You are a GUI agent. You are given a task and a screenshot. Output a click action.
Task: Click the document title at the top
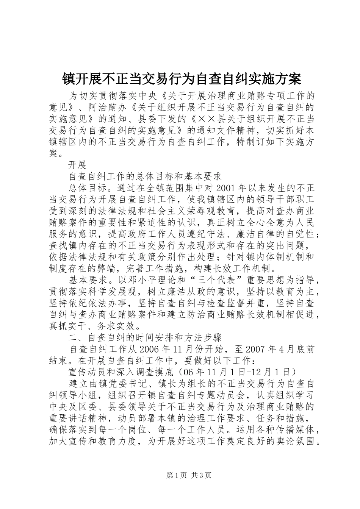pyautogui.click(x=181, y=79)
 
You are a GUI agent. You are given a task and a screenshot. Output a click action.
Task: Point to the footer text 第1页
pyautogui.click(x=171, y=475)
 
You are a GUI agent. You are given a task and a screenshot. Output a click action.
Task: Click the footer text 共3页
pyautogui.click(x=201, y=475)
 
